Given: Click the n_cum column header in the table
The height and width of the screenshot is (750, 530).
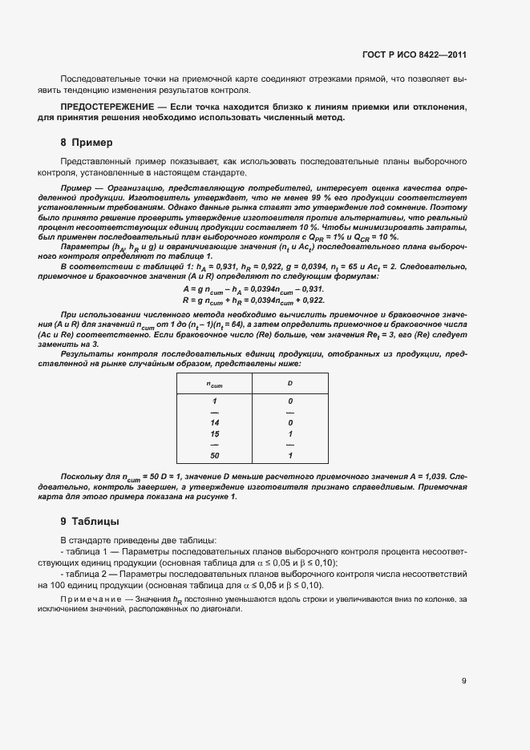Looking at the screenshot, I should click(x=214, y=384).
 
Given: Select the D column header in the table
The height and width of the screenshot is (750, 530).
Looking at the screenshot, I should click(x=289, y=384).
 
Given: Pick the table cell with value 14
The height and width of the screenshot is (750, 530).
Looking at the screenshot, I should click(x=214, y=422).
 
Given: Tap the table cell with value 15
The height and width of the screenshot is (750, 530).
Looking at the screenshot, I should click(x=214, y=433).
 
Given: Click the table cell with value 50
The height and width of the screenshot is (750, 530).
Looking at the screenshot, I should click(x=214, y=456).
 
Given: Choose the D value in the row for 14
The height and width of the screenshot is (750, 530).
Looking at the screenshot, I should click(x=289, y=422).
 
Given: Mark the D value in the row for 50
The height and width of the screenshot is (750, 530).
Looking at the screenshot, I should click(x=289, y=456).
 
